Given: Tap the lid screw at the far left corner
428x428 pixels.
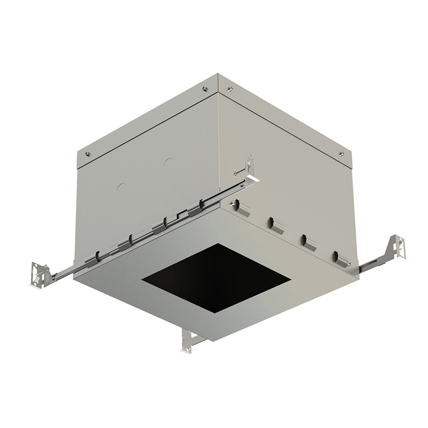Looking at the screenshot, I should pyautogui.click(x=88, y=155).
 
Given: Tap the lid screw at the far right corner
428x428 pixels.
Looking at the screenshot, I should pyautogui.click(x=341, y=154).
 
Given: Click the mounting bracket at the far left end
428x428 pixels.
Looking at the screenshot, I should pyautogui.click(x=39, y=274).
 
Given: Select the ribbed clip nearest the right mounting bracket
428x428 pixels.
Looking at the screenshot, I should pyautogui.click(x=341, y=257).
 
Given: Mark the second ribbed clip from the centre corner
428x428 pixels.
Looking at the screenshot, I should pyautogui.click(x=276, y=225).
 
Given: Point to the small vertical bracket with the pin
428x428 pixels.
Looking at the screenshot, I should pyautogui.click(x=249, y=165).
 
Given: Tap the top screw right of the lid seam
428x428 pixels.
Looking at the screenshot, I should pyautogui.click(x=231, y=89).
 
